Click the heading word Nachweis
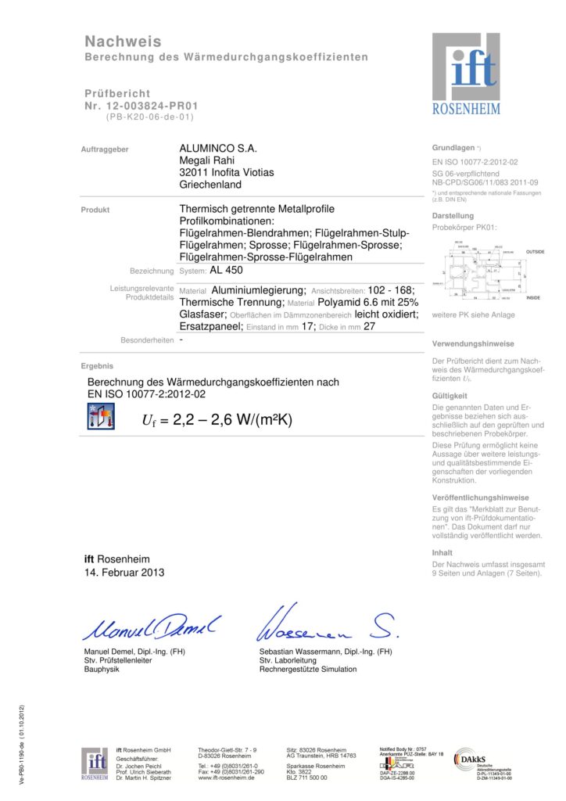pos(123,41)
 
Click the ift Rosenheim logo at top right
pos(466,74)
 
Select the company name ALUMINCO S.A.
pos(218,149)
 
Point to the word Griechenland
pos(210,185)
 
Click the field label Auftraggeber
pos(105,149)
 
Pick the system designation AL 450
pos(227,271)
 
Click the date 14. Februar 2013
pos(124,573)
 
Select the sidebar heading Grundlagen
pos(453,147)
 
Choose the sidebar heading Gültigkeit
pos(450,396)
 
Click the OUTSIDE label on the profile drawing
pos(536,251)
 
